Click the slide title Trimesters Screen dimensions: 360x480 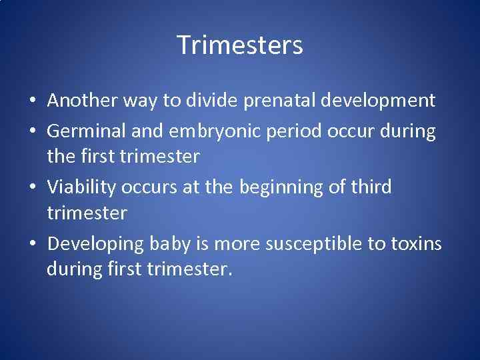(240, 45)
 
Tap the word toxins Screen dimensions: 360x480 (416, 245)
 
